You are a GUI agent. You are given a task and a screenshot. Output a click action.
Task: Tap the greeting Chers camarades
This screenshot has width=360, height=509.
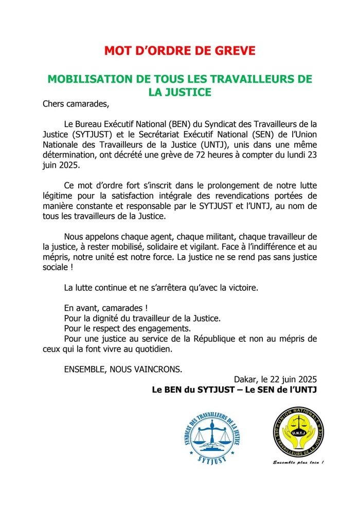point(76,104)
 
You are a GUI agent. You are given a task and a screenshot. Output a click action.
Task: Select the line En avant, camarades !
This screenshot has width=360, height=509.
point(106,308)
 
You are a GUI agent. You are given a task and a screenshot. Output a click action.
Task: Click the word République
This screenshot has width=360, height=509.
point(214,339)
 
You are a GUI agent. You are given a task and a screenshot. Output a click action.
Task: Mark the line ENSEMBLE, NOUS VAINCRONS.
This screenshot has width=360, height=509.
point(123,369)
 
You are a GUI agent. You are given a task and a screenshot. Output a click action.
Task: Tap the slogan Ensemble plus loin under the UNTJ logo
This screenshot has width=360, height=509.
point(298,462)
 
